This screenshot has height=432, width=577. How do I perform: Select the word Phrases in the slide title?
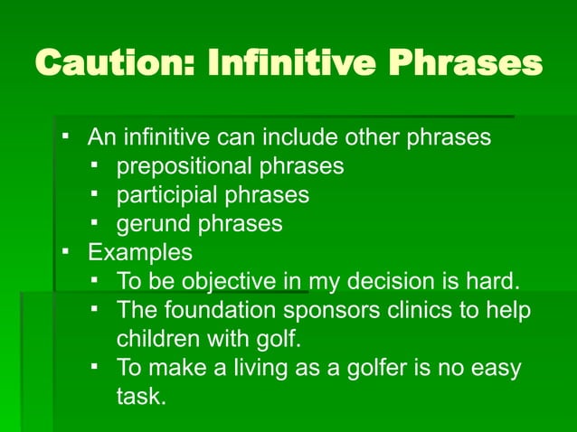467,64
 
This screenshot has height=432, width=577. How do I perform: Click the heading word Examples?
139,251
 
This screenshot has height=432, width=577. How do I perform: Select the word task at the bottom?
140,396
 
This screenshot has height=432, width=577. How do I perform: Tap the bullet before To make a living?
94,367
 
